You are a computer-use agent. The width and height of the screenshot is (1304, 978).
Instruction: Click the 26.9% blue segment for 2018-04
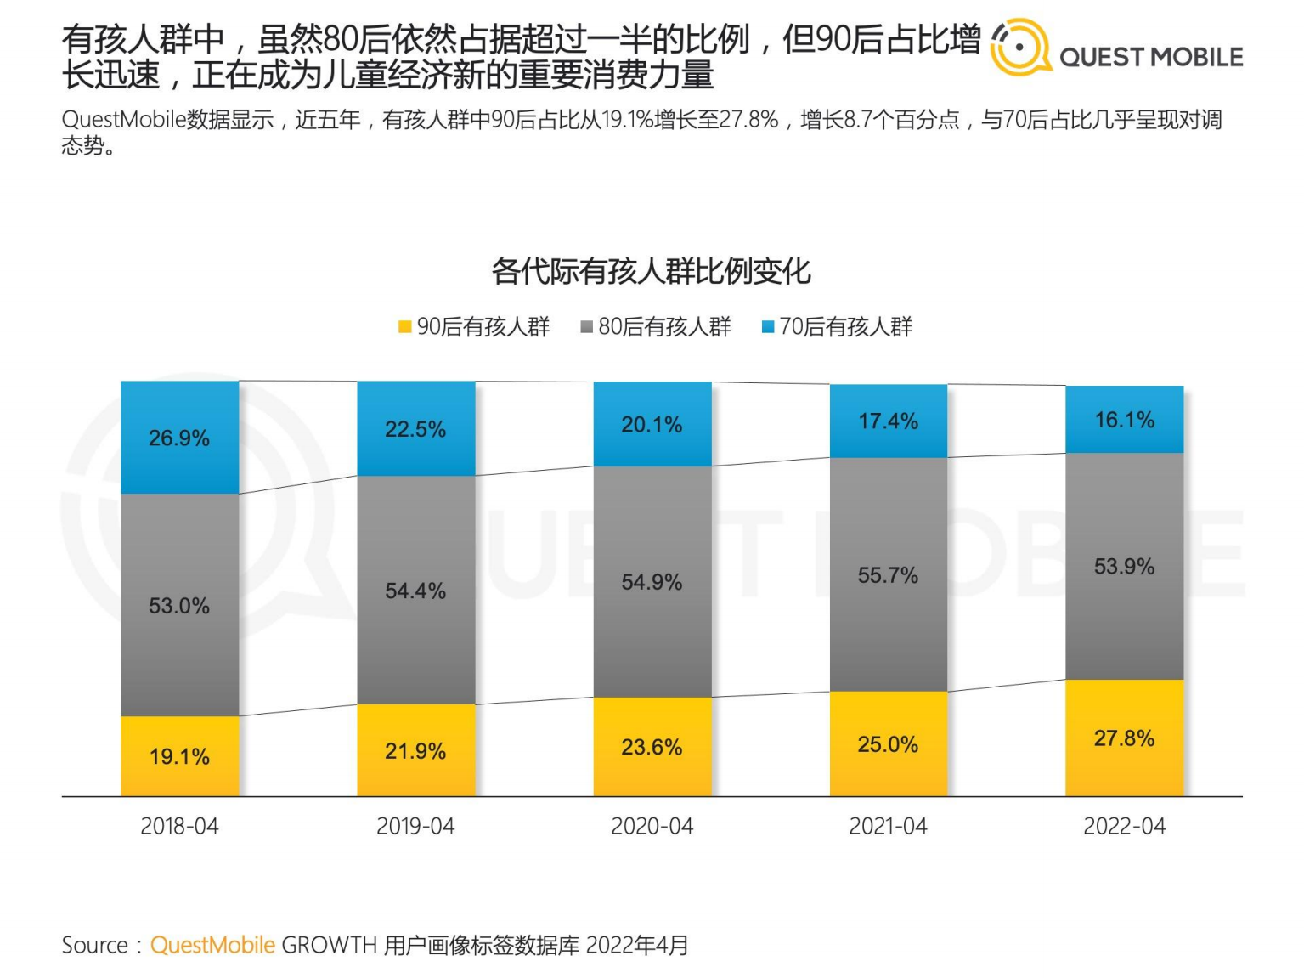point(179,438)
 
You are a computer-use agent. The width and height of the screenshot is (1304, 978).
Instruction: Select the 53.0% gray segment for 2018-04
point(179,605)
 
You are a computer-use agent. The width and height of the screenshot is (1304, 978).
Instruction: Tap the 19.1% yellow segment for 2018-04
point(179,756)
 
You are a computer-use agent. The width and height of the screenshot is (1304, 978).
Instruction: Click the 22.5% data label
point(415,429)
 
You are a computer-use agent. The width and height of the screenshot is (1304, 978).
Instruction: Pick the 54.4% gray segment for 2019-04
point(415,591)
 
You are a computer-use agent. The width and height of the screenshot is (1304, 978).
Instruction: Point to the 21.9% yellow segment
point(415,750)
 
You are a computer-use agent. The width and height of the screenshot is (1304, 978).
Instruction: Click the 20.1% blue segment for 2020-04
point(652,424)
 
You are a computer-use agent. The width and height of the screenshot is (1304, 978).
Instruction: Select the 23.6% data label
point(652,747)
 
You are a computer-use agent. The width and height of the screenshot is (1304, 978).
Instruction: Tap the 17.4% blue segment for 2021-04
point(888,421)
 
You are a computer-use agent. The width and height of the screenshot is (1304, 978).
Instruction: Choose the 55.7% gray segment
point(888,575)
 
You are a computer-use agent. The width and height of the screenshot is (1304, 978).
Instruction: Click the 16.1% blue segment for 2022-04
point(1124,420)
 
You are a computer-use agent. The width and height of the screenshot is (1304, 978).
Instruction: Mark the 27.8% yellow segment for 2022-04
point(1124,738)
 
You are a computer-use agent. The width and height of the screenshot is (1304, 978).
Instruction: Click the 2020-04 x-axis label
point(652,826)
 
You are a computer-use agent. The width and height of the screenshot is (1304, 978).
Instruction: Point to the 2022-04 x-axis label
point(1124,826)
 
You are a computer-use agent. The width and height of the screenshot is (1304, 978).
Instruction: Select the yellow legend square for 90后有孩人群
point(405,327)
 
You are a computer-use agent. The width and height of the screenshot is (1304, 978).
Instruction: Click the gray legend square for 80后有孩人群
point(586,327)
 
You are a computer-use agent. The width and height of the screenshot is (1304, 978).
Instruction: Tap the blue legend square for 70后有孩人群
point(768,327)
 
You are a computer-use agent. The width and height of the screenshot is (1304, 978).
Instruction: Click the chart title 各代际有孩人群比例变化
point(652,271)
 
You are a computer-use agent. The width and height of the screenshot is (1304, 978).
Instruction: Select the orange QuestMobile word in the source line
point(212,945)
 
